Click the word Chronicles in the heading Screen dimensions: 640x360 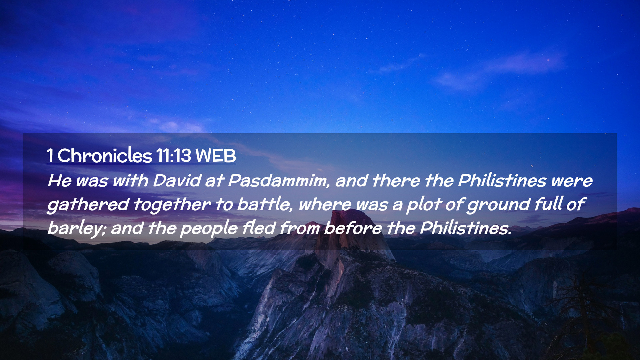105,155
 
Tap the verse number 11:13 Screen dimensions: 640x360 173,156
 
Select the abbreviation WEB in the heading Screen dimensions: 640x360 216,156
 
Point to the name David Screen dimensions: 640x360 177,181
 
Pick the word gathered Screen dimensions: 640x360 88,205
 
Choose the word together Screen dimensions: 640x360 172,205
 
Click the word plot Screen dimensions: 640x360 424,205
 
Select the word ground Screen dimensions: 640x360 498,205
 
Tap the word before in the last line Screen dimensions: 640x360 353,228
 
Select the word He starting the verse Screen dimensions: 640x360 60,181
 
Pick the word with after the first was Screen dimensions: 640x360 130,181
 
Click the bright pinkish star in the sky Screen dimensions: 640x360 548,60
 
